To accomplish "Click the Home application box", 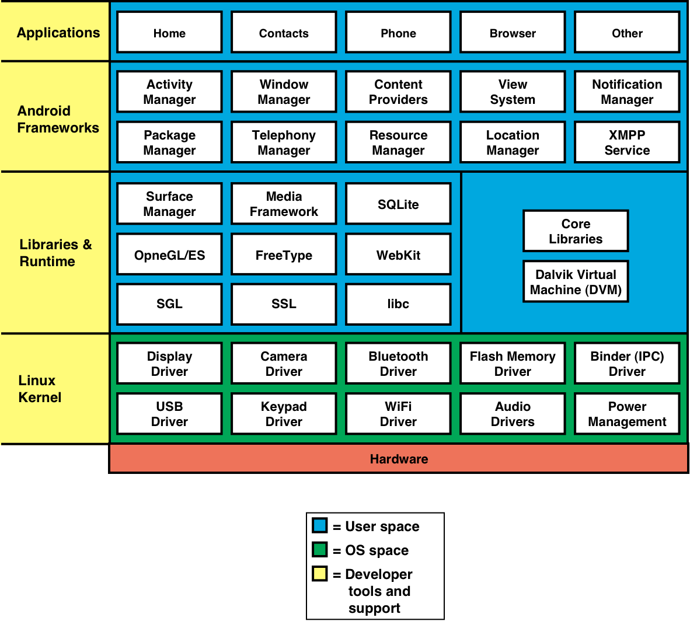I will point(169,33).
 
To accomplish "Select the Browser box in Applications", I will point(513,33).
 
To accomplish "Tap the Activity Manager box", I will point(169,92).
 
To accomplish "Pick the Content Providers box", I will point(398,92).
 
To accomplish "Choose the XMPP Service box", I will point(627,142).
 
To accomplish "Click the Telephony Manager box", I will point(284,142).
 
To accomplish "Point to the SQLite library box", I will point(398,204).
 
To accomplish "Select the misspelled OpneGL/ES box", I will point(169,254).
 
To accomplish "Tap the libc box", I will point(398,304).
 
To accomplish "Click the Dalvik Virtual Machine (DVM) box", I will point(576,282).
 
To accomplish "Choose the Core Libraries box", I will point(576,231).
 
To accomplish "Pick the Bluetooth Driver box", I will point(398,364).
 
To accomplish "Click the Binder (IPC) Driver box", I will point(627,364).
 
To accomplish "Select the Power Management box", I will point(627,414).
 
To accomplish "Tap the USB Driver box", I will point(169,414).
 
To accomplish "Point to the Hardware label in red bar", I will point(399,459).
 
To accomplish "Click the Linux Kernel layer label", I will point(40,389).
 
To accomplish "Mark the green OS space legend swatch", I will point(320,550).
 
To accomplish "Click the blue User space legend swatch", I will point(320,525).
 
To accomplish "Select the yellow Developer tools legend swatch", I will point(320,574).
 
